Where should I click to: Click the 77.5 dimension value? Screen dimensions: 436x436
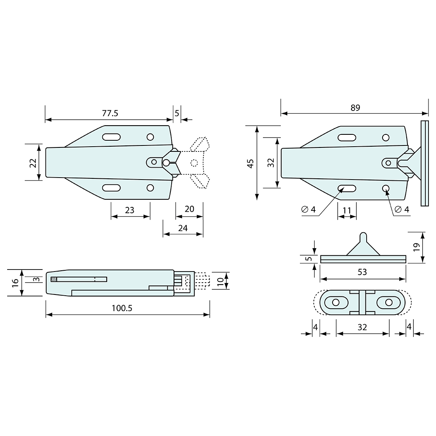[x=110, y=113]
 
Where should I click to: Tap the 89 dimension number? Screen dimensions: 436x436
[x=355, y=107]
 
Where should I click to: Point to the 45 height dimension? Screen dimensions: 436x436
[x=250, y=163]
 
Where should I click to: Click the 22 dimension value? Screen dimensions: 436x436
[x=33, y=163]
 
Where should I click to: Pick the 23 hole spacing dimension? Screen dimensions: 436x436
[x=130, y=210]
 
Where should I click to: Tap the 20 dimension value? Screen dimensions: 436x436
[x=189, y=209]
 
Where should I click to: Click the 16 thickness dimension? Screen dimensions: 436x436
[x=15, y=282]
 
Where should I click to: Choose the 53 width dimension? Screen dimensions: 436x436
[x=362, y=272]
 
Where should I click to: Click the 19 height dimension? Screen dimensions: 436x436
[x=416, y=247]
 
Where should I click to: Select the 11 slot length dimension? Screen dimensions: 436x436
[x=347, y=210]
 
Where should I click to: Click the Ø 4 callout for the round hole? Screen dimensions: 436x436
[x=402, y=210]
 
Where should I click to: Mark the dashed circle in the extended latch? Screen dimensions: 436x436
[x=194, y=162]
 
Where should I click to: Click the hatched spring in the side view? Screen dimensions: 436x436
[x=54, y=279]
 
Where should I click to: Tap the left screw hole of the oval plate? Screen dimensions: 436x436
[x=336, y=302]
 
